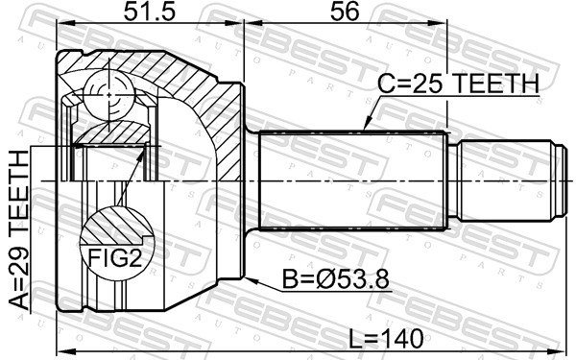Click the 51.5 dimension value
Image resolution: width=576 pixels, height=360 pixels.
click(x=150, y=12)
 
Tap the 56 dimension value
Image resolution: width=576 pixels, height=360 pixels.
click(x=345, y=12)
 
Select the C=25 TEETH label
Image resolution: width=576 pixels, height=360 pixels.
click(x=458, y=84)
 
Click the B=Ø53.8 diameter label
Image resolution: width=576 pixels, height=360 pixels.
click(x=335, y=279)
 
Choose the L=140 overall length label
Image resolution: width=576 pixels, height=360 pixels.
click(x=386, y=339)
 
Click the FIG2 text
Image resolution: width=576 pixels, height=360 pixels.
click(x=115, y=258)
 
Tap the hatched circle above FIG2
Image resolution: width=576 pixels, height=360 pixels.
click(x=117, y=226)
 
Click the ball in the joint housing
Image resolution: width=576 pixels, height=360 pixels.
click(x=109, y=95)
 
